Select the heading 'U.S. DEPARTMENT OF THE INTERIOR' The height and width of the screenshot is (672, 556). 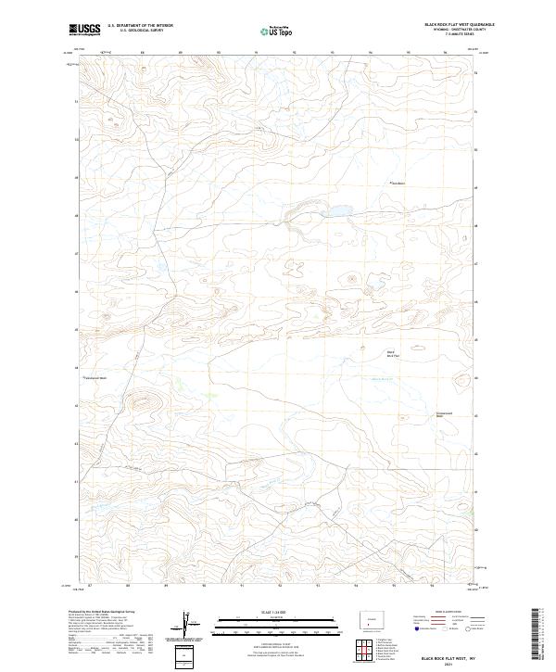pyautogui.click(x=140, y=26)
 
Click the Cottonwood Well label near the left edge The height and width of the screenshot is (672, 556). pyautogui.click(x=96, y=378)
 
